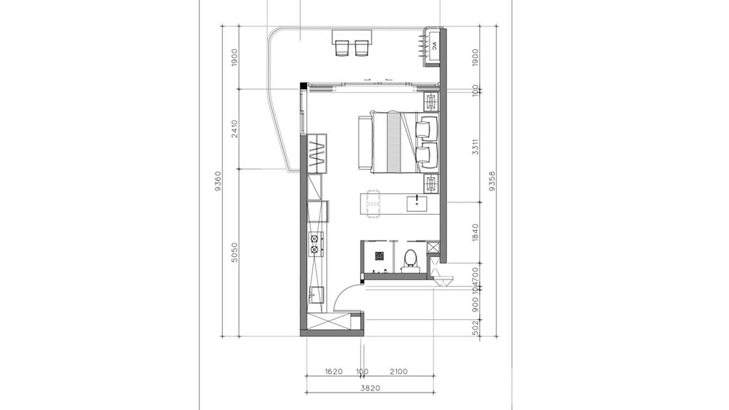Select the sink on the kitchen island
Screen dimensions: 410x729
pyautogui.click(x=417, y=204)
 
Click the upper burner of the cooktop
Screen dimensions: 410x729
pyautogui.click(x=314, y=238)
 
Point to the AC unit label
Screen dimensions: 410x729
pyautogui.click(x=434, y=47)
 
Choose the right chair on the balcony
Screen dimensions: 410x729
pyautogui.click(x=362, y=48)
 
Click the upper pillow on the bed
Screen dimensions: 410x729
pyautogui.click(x=424, y=129)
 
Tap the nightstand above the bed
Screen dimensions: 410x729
pyautogui.click(x=431, y=102)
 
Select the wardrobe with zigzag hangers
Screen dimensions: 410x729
pyautogui.click(x=316, y=154)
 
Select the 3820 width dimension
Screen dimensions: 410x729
pyautogui.click(x=370, y=388)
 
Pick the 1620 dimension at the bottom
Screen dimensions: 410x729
pyautogui.click(x=334, y=372)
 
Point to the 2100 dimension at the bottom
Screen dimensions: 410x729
pyautogui.click(x=399, y=372)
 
